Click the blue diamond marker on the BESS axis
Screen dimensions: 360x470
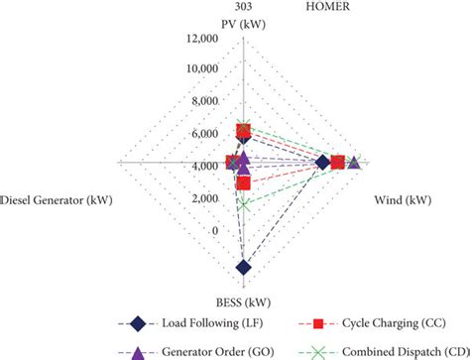point(244,267)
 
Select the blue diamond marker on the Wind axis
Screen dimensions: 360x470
point(321,162)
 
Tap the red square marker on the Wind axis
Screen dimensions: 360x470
point(337,162)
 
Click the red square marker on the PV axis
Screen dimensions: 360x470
point(244,130)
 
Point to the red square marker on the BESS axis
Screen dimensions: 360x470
point(244,183)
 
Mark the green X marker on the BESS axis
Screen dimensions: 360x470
point(244,205)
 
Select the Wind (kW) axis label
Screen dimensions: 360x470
point(402,200)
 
